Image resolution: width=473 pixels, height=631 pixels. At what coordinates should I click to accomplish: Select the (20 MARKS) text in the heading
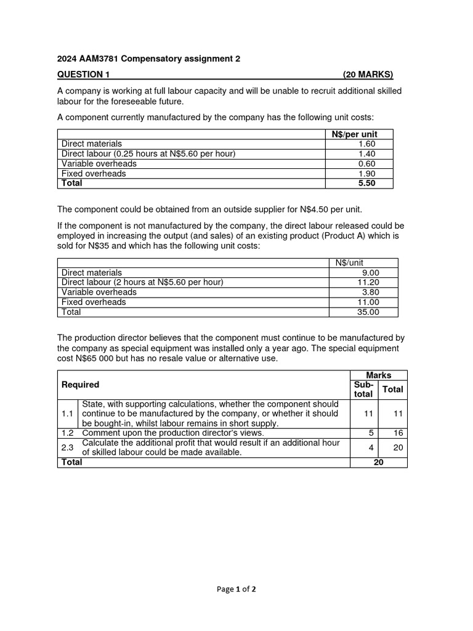[x=368, y=75]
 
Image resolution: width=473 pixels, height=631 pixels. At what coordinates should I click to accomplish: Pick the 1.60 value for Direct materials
[x=366, y=144]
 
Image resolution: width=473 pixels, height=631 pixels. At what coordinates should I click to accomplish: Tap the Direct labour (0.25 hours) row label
[x=148, y=153]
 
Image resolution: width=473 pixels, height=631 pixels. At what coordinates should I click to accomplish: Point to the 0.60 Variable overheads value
[x=366, y=163]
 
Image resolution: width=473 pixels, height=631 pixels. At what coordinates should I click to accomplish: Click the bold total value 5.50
[x=366, y=183]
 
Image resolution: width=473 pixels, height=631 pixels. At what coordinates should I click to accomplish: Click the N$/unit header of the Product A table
[x=349, y=263]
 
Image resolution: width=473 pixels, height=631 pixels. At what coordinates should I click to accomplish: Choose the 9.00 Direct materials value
[x=371, y=272]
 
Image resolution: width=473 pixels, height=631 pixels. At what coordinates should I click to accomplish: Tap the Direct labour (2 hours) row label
[x=142, y=282]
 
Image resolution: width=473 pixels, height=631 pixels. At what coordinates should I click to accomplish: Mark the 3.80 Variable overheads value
[x=371, y=292]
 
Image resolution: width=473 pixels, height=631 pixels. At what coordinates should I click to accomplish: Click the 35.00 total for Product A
[x=368, y=312]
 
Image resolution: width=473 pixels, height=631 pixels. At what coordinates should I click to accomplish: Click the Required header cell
[x=80, y=385]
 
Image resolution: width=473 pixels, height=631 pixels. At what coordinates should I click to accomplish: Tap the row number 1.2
[x=68, y=433]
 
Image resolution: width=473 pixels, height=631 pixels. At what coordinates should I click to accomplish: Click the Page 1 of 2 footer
[x=236, y=589]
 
